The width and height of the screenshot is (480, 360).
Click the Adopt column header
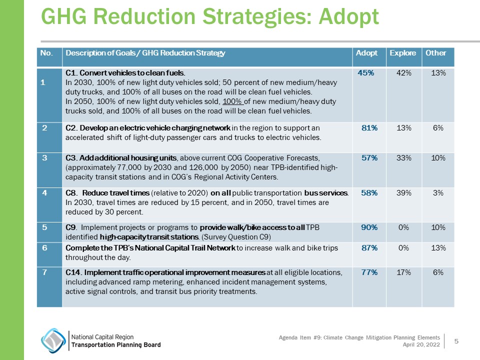[x=366, y=53]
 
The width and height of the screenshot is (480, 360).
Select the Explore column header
[x=403, y=53]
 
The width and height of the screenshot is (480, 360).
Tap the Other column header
[x=435, y=53]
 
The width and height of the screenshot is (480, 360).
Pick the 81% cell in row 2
[x=369, y=127]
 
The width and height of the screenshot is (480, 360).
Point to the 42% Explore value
[x=403, y=73]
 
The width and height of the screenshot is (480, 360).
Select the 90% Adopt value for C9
[x=369, y=227]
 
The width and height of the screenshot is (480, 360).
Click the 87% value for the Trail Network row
[x=369, y=248]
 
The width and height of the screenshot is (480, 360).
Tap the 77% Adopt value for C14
[x=369, y=272]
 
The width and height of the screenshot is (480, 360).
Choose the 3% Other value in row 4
[x=438, y=193]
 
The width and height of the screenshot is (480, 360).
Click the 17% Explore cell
[x=403, y=272]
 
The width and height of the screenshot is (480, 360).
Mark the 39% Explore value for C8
[x=403, y=193]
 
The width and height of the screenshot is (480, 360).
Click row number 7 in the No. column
[x=45, y=272]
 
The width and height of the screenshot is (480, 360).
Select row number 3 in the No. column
[x=45, y=158]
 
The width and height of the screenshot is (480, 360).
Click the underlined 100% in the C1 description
[x=232, y=101]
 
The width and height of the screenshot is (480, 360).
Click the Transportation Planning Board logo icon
[x=52, y=340]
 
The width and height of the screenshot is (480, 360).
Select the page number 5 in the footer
[x=456, y=340]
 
